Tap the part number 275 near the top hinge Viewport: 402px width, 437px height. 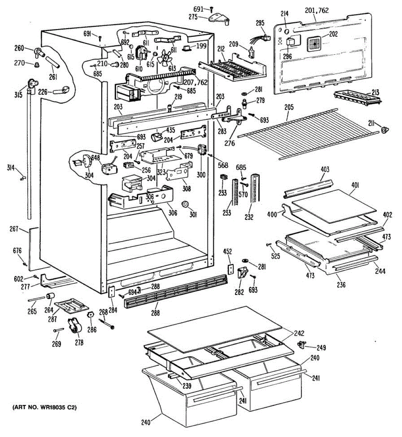[193, 17]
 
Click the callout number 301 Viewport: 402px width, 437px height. [193, 214]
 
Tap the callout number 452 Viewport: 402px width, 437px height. [228, 252]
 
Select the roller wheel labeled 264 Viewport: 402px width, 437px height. [50, 296]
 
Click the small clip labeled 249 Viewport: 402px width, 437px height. [301, 345]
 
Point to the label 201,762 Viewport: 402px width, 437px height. [317, 11]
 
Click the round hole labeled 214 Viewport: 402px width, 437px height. [287, 31]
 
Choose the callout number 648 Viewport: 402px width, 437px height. [96, 158]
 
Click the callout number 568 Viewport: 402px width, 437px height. [223, 165]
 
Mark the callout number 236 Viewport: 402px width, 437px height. [341, 284]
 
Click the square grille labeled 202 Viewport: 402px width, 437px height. [314, 44]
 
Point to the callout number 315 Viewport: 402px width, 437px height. [19, 95]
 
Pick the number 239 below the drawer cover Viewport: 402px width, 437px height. [187, 386]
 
